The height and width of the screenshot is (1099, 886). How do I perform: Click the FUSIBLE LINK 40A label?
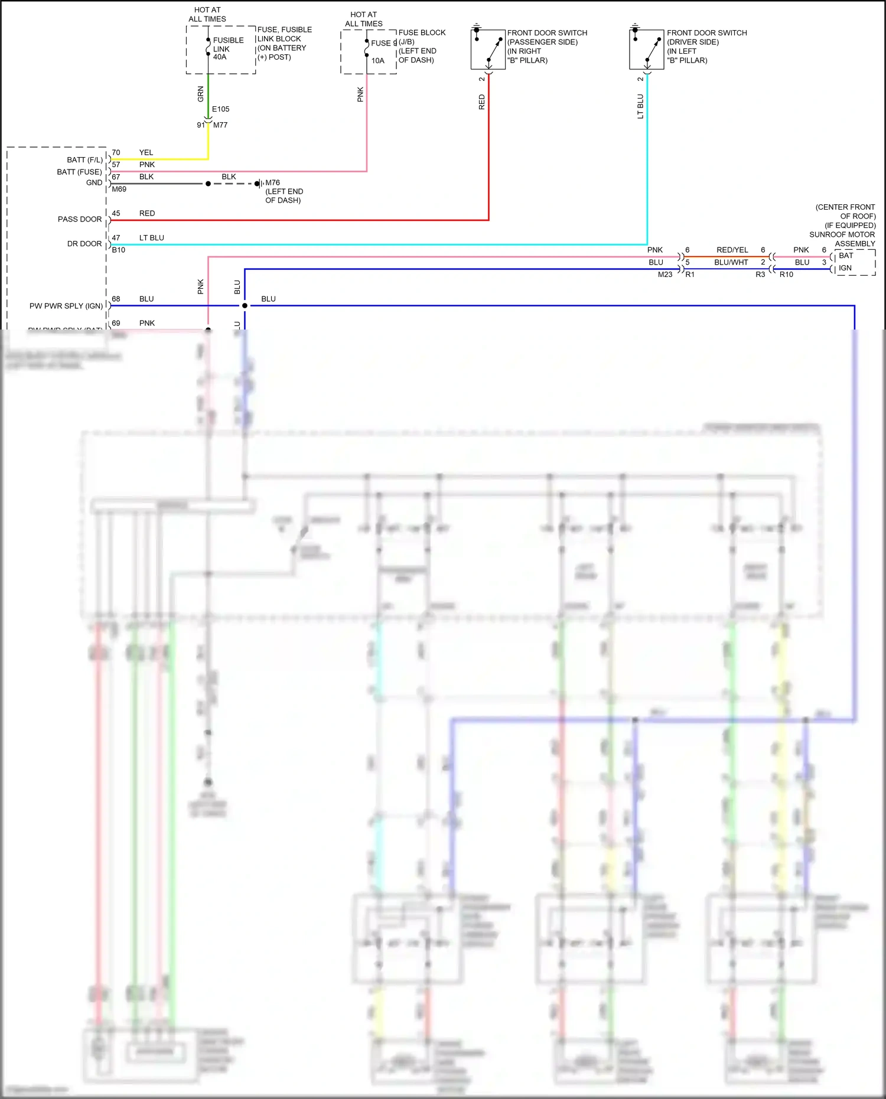(x=228, y=48)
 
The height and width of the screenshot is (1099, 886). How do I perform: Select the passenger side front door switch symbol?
(x=488, y=49)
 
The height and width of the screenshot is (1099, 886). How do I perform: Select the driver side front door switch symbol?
(x=647, y=49)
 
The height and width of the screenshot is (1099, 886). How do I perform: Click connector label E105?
(x=220, y=109)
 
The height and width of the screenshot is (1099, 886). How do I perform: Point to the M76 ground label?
(x=272, y=182)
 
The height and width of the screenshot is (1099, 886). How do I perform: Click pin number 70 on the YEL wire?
(x=116, y=152)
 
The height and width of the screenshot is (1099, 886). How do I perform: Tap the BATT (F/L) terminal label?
(x=84, y=159)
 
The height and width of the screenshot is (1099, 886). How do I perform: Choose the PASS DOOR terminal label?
(x=80, y=219)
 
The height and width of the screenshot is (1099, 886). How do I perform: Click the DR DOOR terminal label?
(x=84, y=243)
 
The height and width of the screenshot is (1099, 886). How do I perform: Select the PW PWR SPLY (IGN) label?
(x=66, y=306)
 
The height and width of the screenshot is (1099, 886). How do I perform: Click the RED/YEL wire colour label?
(x=732, y=250)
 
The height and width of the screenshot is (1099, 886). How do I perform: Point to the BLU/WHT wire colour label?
(x=731, y=262)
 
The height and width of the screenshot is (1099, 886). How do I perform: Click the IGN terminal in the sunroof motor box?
(x=845, y=268)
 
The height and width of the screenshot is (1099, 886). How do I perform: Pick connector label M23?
(x=664, y=275)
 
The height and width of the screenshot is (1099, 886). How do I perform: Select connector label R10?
(x=786, y=275)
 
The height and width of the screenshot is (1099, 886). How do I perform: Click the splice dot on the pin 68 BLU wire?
(x=245, y=305)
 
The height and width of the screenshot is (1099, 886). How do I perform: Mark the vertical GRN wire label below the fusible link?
(x=201, y=93)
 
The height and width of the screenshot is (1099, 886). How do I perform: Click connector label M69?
(x=119, y=189)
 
